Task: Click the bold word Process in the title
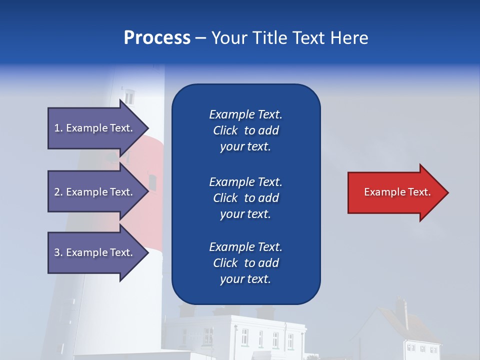(x=157, y=38)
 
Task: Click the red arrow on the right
(x=395, y=192)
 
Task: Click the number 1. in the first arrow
(x=58, y=128)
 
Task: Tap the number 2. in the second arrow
(x=58, y=192)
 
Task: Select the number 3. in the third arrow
(x=58, y=252)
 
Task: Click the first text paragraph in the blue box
(x=245, y=130)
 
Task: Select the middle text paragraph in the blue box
(x=245, y=198)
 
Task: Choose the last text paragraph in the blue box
(x=245, y=263)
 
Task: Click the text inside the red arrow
(x=397, y=192)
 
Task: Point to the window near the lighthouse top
(x=129, y=95)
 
